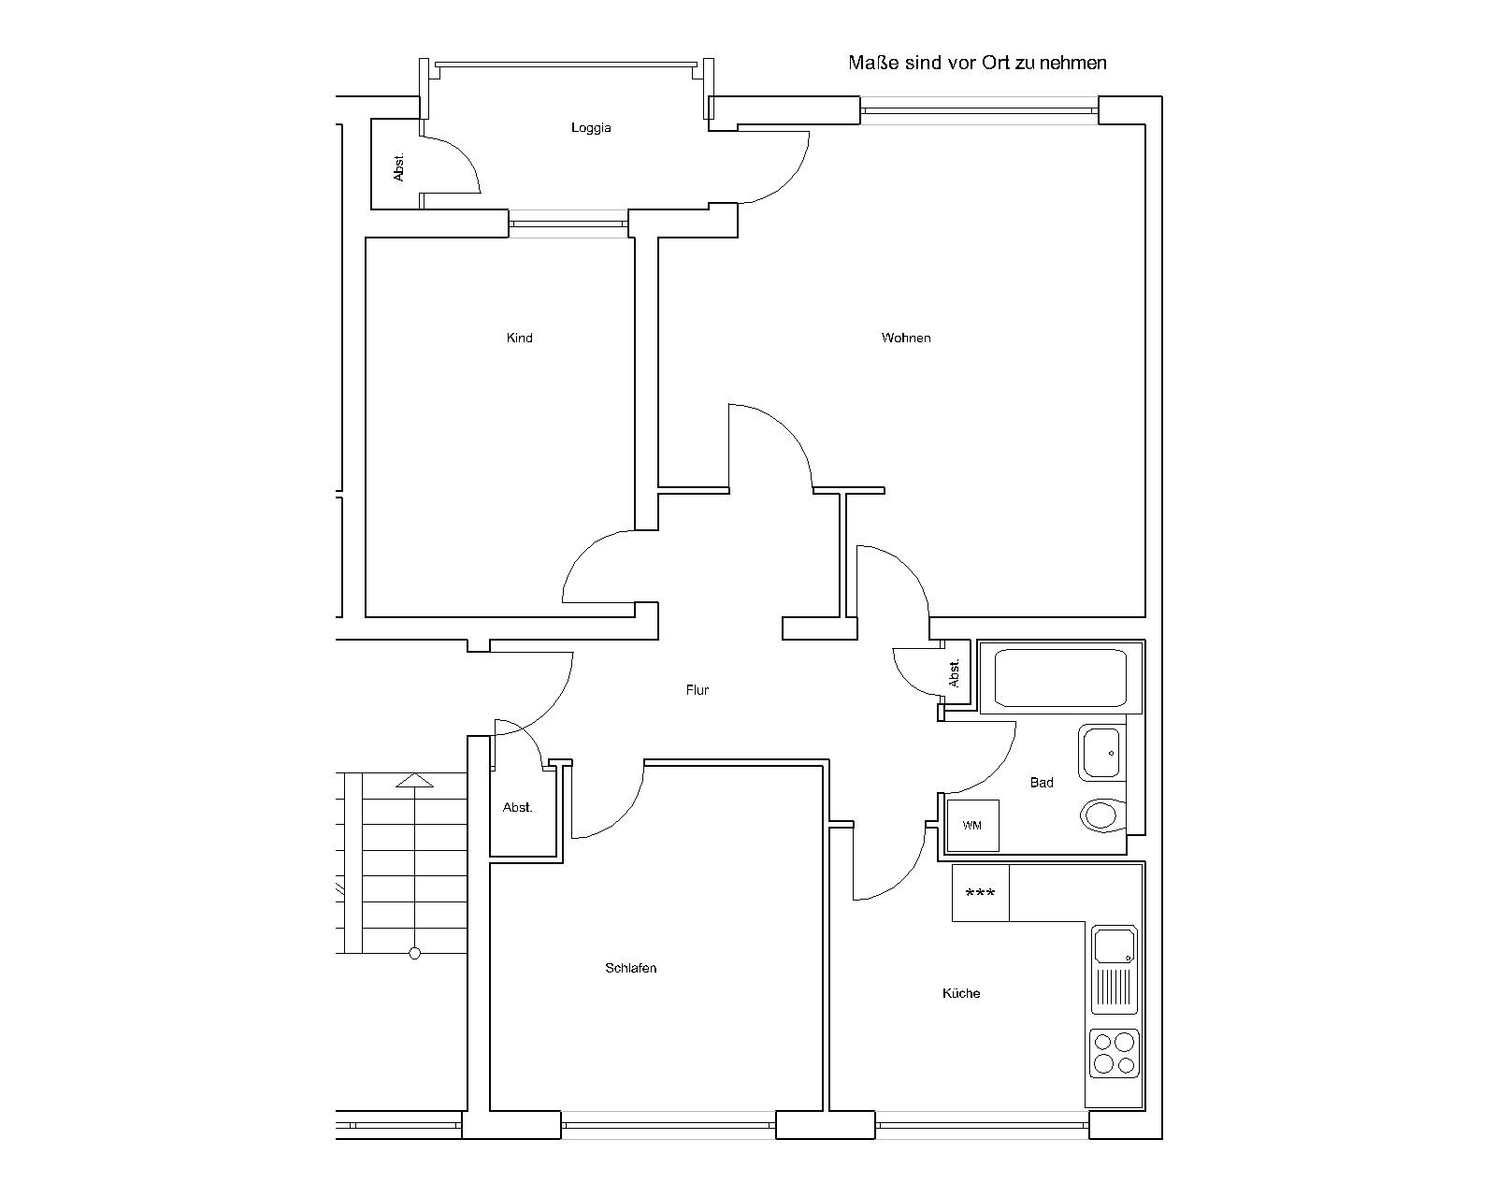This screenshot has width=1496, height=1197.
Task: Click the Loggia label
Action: point(591,128)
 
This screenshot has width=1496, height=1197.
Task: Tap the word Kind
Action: point(519,338)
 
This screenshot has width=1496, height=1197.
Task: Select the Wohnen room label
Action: point(906,338)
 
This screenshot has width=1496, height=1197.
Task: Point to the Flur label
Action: point(698,690)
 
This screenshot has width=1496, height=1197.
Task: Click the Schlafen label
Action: point(630,968)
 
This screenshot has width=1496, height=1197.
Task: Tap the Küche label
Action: point(961,993)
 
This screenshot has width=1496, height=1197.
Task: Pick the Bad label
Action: point(1042,783)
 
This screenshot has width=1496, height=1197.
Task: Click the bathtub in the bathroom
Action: point(1060,677)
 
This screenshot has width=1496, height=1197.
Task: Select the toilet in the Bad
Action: point(1102,815)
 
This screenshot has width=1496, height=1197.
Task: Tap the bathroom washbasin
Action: point(1101,753)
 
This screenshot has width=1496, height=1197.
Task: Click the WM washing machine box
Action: point(972,826)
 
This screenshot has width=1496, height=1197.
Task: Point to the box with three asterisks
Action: point(980,893)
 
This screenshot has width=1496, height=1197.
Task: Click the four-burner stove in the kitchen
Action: point(1114,1053)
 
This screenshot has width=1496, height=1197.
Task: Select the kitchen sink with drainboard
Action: point(1115,970)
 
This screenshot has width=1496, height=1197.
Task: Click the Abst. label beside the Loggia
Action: point(399,167)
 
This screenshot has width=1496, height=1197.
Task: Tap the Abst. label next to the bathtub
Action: point(955,674)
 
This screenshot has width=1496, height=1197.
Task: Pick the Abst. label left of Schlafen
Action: point(517,807)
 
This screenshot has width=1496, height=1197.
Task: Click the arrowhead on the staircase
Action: point(414,780)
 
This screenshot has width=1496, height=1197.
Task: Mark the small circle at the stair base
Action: point(415,954)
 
